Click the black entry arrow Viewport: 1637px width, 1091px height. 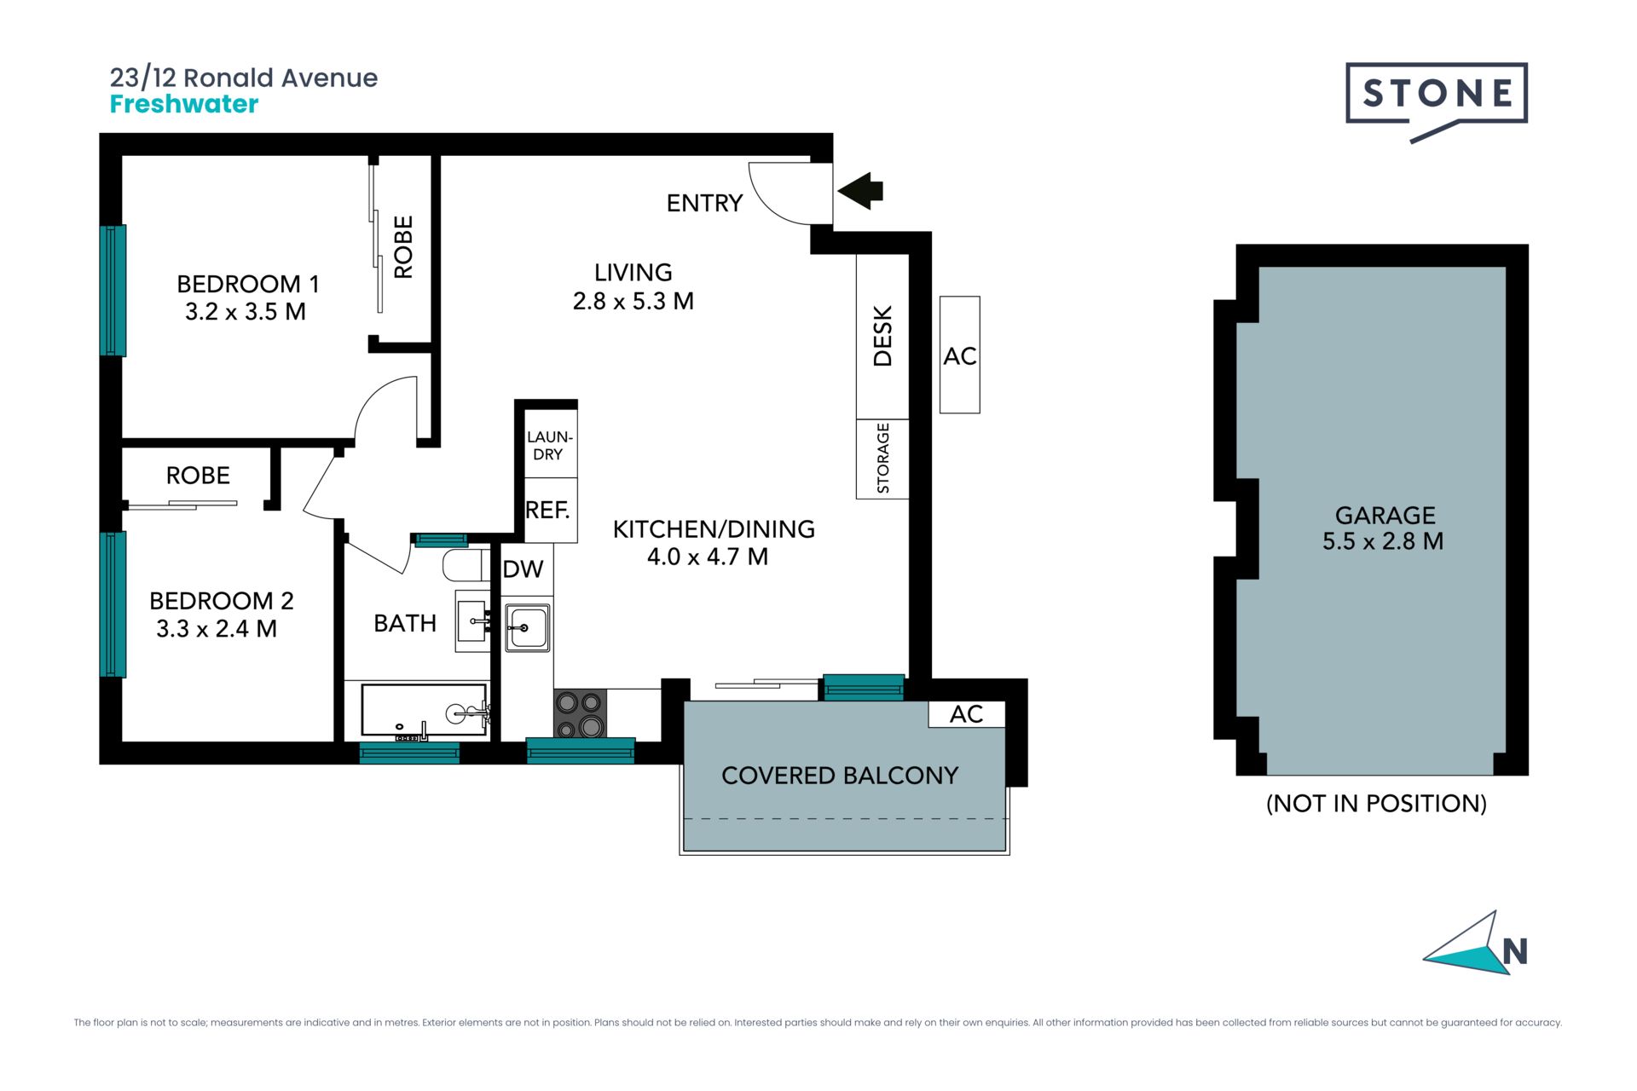point(861,191)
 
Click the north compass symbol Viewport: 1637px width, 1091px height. point(1475,944)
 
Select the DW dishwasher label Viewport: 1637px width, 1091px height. point(523,569)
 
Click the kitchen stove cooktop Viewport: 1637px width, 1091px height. point(581,713)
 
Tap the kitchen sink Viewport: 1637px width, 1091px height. point(527,627)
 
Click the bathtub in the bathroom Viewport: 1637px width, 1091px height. point(425,710)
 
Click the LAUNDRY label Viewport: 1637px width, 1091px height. point(549,446)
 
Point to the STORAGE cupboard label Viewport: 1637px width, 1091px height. point(882,459)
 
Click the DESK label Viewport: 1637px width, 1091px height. point(882,336)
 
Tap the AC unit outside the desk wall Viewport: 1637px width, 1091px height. point(960,355)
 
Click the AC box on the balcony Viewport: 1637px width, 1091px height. point(967,714)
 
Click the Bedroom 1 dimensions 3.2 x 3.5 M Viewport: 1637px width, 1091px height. point(246,312)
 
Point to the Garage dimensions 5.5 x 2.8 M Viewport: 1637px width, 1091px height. point(1383,541)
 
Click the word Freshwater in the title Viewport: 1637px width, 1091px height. point(184,104)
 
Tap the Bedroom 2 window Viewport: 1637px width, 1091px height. point(113,604)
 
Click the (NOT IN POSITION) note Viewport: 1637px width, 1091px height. point(1376,803)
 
